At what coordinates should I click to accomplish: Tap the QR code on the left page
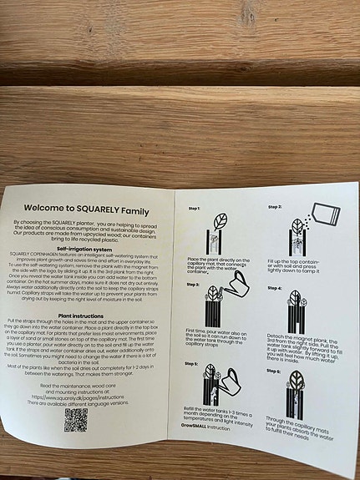76,420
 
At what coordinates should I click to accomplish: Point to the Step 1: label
194,208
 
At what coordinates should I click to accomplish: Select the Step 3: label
193,285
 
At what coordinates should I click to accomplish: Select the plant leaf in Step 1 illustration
221,222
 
